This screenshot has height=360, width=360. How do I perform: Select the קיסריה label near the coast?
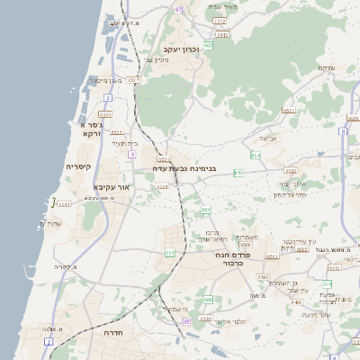[78, 166]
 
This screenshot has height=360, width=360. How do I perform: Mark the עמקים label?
[327, 67]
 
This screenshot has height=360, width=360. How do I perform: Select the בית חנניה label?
[123, 143]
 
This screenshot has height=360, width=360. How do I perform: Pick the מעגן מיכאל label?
[102, 80]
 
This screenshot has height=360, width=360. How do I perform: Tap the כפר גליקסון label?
[291, 194]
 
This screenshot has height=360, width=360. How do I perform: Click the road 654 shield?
[256, 155]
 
